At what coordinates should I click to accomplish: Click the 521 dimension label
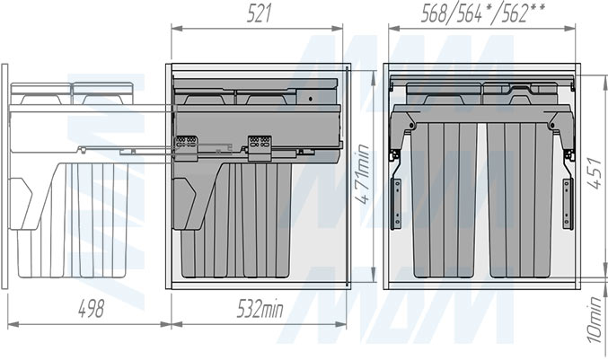click(x=259, y=14)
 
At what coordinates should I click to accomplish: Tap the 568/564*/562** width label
click(x=483, y=14)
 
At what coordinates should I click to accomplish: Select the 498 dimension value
click(x=92, y=309)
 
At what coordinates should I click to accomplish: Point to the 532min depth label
click(x=260, y=309)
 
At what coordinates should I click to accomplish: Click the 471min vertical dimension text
click(x=364, y=174)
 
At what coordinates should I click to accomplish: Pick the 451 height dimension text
click(x=594, y=173)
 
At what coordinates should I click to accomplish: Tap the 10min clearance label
click(x=595, y=320)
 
